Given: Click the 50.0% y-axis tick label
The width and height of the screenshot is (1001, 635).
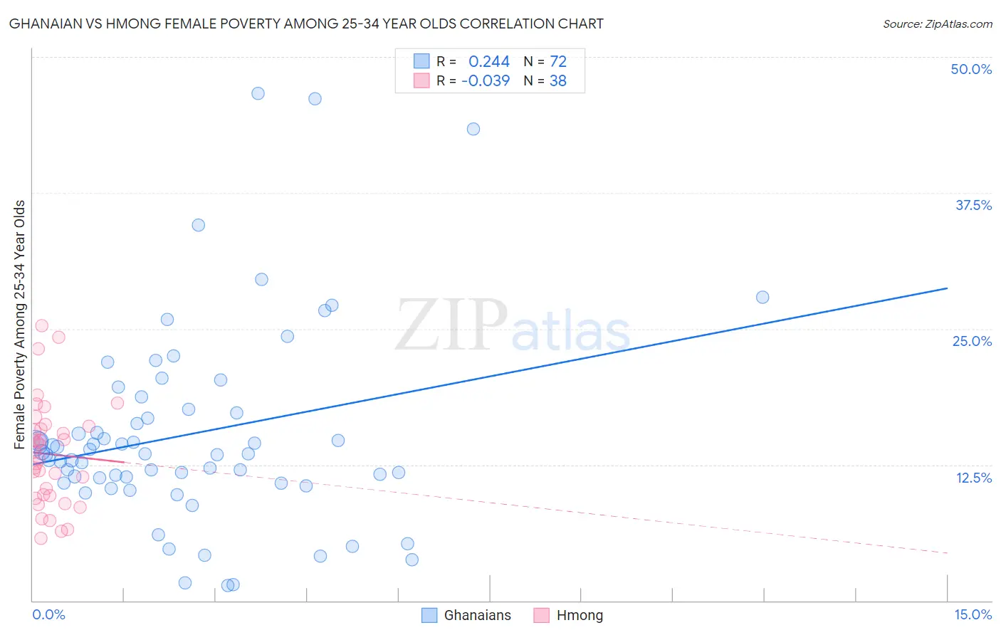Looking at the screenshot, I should coord(971,69).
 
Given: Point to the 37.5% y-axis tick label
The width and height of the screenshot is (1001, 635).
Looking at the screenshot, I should coord(973,205).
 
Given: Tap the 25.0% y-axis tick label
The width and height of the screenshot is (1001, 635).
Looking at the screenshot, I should coord(972,341).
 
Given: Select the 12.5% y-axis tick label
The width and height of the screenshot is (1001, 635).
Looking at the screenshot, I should coord(973,478).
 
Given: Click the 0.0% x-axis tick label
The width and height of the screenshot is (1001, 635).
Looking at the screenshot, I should coord(48,614).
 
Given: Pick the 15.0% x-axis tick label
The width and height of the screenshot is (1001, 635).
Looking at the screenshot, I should coord(973,614).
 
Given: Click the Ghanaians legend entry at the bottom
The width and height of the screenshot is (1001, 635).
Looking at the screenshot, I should coord(466,615).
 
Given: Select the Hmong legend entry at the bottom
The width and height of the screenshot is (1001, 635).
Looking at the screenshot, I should coord(568,615).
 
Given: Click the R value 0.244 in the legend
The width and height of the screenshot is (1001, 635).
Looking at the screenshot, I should coord(488,62).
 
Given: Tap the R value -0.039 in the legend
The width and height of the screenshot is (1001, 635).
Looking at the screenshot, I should coord(486,81).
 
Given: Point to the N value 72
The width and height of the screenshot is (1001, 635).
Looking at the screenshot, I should coord(558,62).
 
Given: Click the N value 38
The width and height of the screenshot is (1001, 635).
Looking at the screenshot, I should coord(558,81).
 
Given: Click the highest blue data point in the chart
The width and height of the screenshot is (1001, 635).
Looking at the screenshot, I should coord(258,93).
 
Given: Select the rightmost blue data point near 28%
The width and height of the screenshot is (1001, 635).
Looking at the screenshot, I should coord(762,297).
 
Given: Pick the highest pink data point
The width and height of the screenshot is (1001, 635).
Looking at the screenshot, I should coord(42,325).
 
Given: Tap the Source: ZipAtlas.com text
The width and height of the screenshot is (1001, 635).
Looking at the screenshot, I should coord(937,23).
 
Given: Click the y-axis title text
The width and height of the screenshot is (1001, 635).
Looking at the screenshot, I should coord(20,324).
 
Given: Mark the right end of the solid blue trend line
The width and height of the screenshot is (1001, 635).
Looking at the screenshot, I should coord(947,288).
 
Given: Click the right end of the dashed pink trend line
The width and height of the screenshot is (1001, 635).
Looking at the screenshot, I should coord(947,552).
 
